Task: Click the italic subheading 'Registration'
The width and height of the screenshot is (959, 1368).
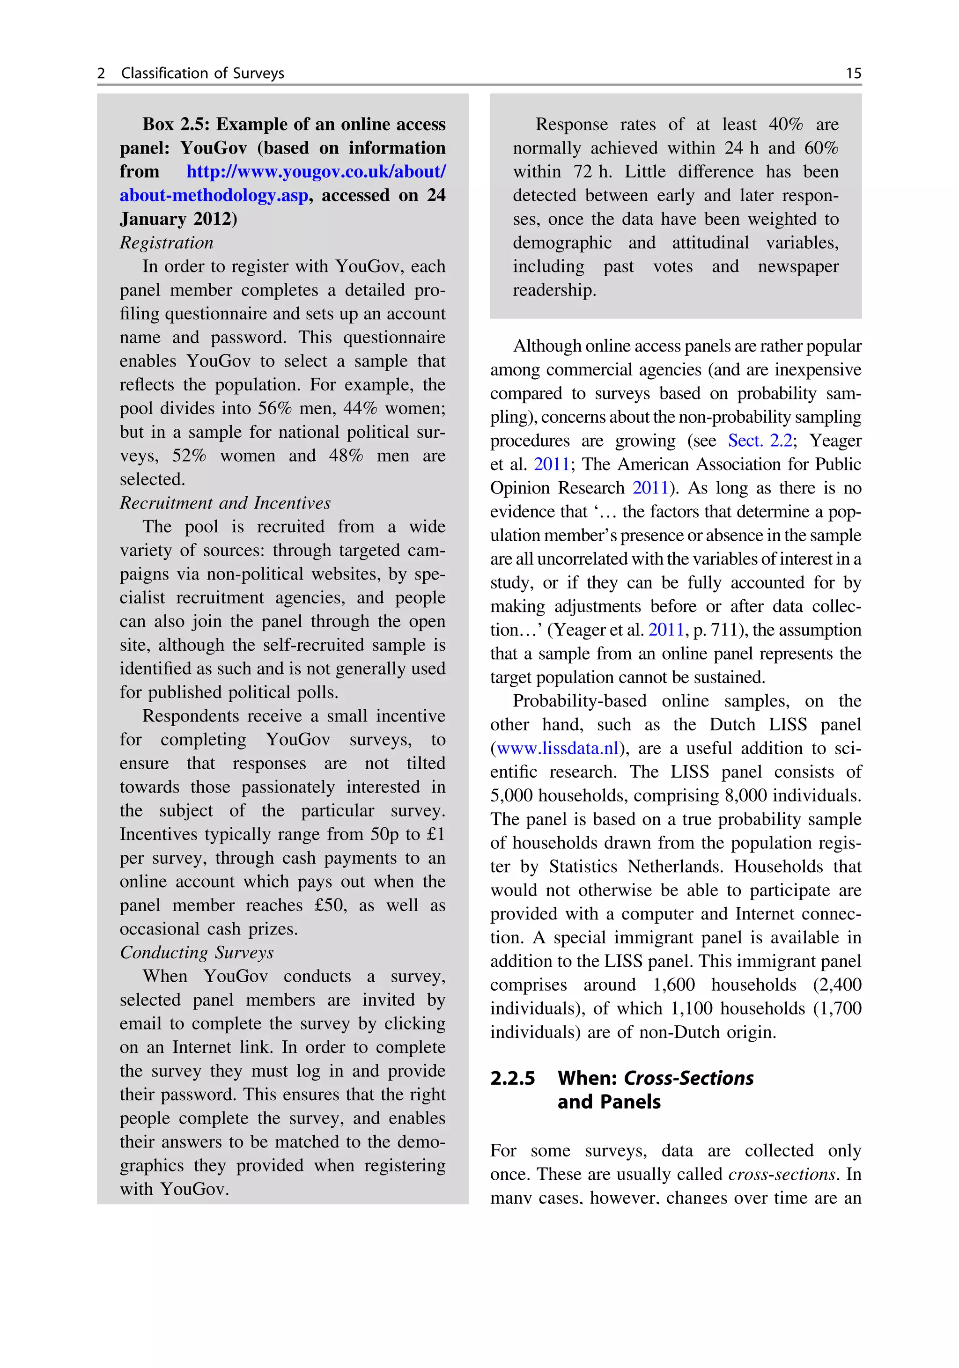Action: (166, 243)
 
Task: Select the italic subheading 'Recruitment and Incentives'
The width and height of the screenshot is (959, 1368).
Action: (225, 503)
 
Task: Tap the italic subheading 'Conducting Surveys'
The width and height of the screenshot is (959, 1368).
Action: (197, 952)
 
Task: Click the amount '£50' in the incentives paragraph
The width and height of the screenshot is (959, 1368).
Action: (330, 905)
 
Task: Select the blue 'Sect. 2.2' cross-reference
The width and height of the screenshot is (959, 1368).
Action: (760, 440)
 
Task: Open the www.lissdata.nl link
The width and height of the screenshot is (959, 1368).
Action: (558, 748)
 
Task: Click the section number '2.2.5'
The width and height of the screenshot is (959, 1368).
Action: (512, 1078)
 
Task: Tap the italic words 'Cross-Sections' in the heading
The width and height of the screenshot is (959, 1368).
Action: (688, 1078)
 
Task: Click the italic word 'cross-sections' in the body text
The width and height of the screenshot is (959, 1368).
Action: (782, 1174)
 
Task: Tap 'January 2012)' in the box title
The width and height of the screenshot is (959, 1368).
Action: (178, 219)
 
